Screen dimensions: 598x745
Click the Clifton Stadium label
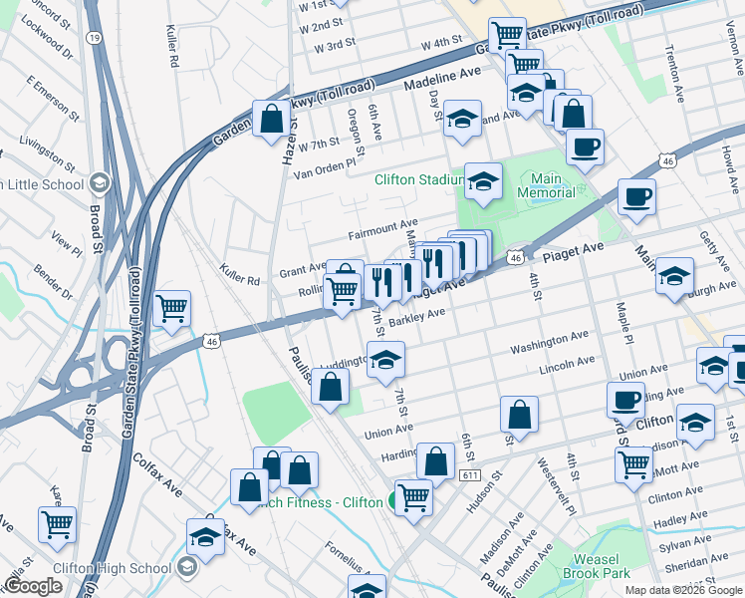click(x=418, y=180)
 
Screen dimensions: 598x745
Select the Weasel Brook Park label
click(x=603, y=566)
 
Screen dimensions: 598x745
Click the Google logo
click(x=32, y=587)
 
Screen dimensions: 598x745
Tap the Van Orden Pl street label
click(x=324, y=168)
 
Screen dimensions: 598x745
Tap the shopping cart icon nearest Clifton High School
click(x=58, y=522)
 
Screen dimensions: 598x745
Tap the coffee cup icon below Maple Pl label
click(x=625, y=400)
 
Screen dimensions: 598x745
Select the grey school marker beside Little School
click(x=99, y=183)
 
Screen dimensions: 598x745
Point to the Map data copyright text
click(x=682, y=589)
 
